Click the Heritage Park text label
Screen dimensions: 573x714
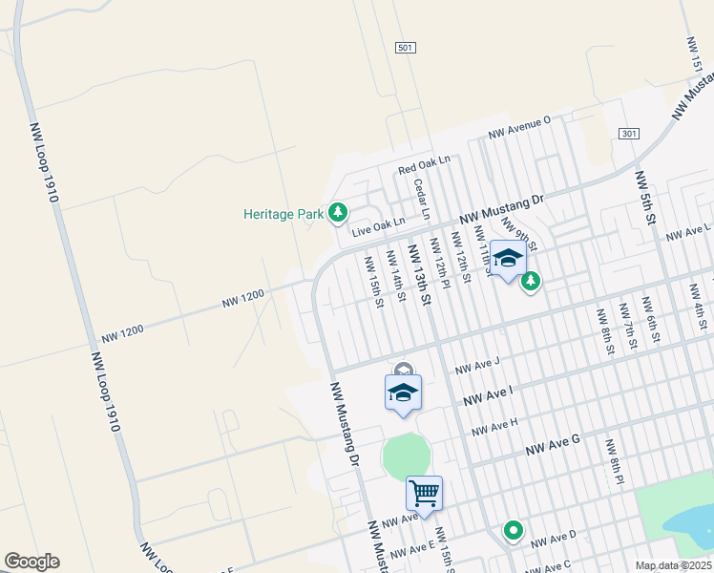coord(283,214)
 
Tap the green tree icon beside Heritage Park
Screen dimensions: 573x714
coord(337,213)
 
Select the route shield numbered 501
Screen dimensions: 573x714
coord(404,47)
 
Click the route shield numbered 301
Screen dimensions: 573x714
coord(627,133)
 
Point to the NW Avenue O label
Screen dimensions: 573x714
coord(520,127)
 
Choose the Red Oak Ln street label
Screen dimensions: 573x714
coord(424,167)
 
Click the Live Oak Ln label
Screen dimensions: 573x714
coord(379,226)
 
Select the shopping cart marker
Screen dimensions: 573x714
coord(424,495)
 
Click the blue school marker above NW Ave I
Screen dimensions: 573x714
coord(403,393)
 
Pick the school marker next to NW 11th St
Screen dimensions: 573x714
coord(508,260)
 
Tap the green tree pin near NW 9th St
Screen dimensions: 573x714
coord(531,281)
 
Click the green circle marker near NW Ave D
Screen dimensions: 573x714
coord(514,530)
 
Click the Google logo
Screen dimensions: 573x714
coord(31,562)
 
